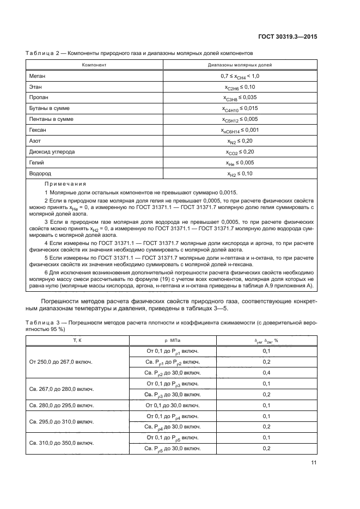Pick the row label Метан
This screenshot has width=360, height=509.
[x=36, y=76]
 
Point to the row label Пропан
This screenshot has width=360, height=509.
[x=37, y=97]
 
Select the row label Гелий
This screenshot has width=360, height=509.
[x=36, y=163]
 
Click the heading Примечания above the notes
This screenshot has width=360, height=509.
[x=65, y=184]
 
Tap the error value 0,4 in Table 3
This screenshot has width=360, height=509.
[x=266, y=372]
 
